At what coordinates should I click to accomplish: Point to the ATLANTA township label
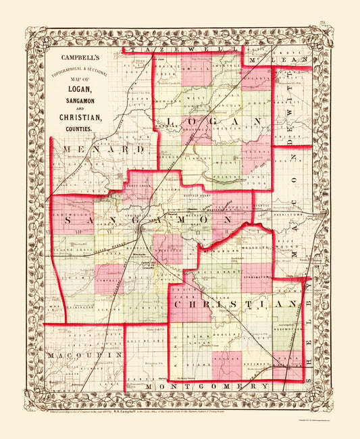(x=257, y=78)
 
